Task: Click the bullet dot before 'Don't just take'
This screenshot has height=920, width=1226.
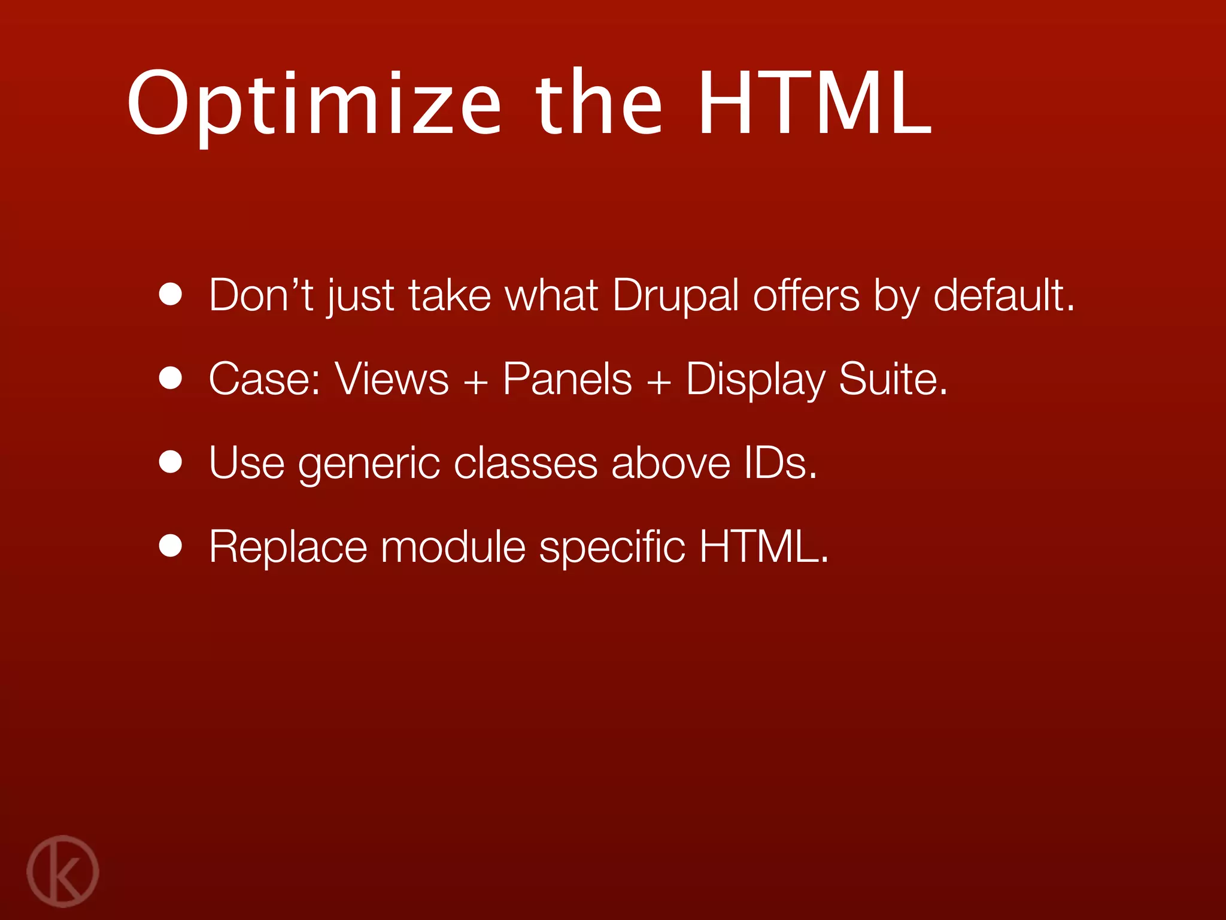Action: [171, 295]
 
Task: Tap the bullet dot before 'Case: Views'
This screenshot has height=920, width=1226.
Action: [171, 379]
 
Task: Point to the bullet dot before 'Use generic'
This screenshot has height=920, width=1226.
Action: [171, 462]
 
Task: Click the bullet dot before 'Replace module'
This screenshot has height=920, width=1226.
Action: [171, 546]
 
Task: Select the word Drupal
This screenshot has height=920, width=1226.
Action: [675, 296]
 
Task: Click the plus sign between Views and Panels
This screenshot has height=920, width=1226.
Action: [476, 381]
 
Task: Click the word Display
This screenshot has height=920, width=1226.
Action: [755, 381]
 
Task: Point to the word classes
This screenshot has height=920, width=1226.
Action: [525, 464]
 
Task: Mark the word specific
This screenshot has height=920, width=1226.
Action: [612, 548]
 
